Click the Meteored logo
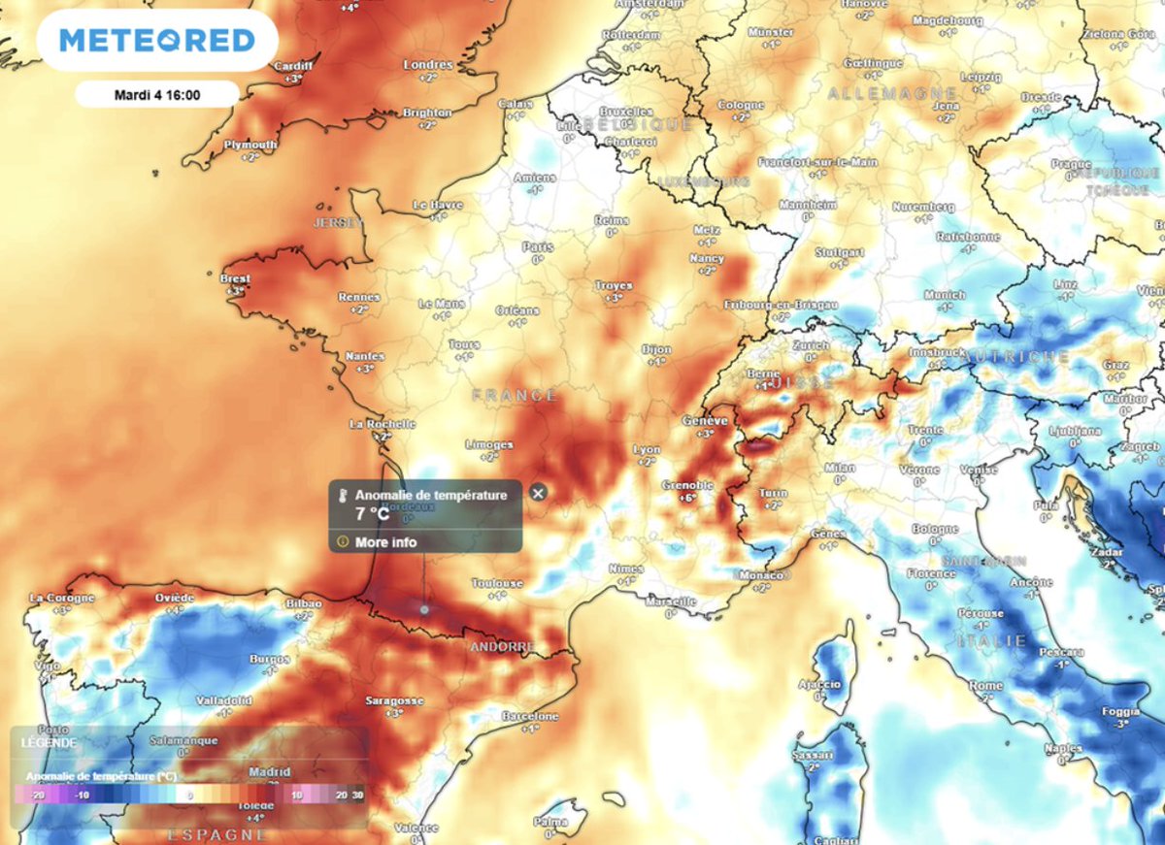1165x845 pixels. [157, 41]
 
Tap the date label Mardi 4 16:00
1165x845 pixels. [157, 94]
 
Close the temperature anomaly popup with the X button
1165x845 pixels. [538, 493]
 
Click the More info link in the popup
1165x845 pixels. [385, 542]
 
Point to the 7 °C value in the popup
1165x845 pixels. [372, 514]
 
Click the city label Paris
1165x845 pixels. [539, 246]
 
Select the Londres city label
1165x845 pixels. [427, 65]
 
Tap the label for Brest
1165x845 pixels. [235, 278]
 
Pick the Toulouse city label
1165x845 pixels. [497, 583]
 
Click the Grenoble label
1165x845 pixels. [687, 485]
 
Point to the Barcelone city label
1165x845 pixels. [530, 717]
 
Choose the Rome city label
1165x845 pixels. [985, 686]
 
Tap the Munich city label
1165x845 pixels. [945, 295]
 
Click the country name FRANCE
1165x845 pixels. [515, 396]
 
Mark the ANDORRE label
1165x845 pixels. [502, 646]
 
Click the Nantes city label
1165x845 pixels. [365, 356]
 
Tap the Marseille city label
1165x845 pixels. [670, 601]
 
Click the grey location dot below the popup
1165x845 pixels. [424, 609]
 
